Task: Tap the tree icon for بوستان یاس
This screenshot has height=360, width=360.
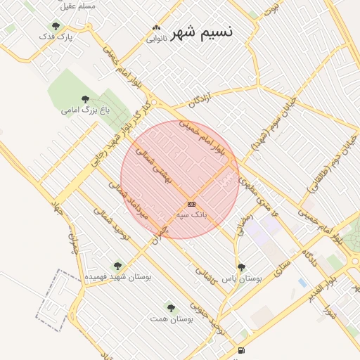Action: click(242, 267)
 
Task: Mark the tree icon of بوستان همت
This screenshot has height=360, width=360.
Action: click(171, 307)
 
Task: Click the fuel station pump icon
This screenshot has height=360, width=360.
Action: click(241, 350)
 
